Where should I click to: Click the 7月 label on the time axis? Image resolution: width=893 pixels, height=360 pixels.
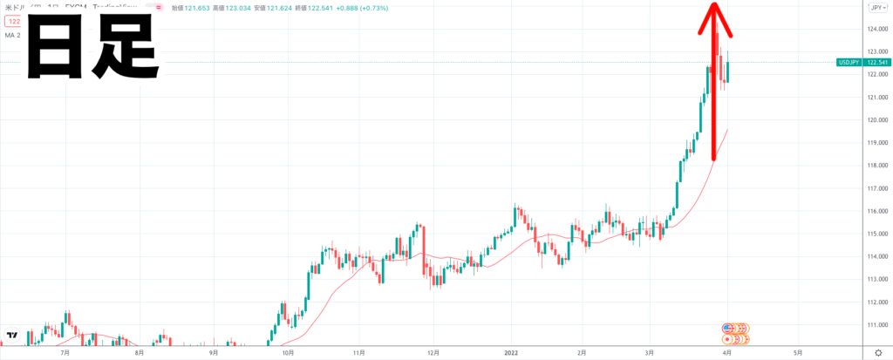pos(65,352)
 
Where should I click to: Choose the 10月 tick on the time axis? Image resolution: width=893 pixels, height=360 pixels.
pos(287,352)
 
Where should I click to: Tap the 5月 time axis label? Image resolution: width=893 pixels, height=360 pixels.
pos(797,352)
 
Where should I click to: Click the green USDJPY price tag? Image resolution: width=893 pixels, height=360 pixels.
pos(849,63)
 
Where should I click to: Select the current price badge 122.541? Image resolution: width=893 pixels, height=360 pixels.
pos(875,63)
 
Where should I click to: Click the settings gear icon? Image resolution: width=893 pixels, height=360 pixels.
pos(877,351)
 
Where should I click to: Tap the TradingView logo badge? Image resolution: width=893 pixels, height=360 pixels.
pos(12,335)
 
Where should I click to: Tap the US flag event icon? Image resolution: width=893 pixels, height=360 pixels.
pos(728,328)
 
